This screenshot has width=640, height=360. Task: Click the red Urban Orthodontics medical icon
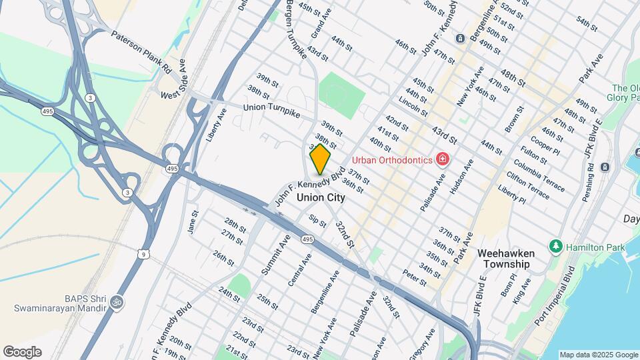[441, 159]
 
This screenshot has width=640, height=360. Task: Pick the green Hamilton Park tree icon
[555, 247]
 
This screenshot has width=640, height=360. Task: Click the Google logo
[21, 352]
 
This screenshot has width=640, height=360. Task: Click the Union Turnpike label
[272, 110]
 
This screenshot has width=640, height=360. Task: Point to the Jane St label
[194, 222]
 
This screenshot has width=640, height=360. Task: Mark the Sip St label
[317, 221]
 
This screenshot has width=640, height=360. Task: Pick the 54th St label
[587, 22]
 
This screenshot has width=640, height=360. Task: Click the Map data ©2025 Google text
[598, 355]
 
